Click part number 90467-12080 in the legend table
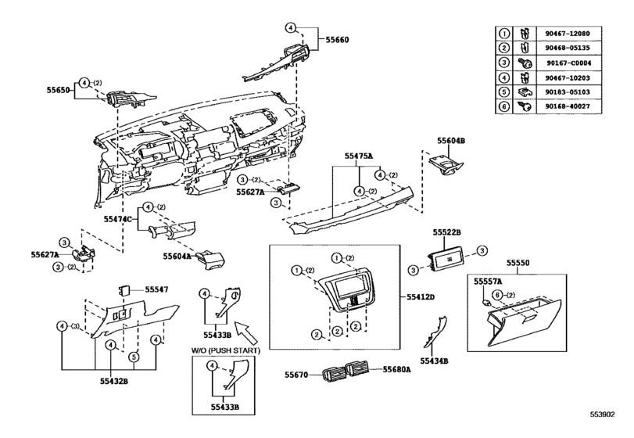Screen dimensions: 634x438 (568, 34)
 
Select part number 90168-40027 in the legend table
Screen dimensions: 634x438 (568, 106)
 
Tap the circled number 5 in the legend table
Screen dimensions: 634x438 (503, 92)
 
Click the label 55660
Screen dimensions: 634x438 (337, 40)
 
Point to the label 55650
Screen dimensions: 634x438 (58, 90)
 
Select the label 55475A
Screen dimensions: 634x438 (359, 156)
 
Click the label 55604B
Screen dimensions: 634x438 (451, 141)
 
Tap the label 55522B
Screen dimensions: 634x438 (447, 232)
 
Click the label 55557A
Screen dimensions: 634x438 (488, 282)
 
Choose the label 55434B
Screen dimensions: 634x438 (434, 361)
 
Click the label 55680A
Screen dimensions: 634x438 (396, 369)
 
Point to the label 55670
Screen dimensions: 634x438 (296, 375)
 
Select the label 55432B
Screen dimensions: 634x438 (114, 381)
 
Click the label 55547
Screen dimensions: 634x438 (156, 289)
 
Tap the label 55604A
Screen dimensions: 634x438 (177, 256)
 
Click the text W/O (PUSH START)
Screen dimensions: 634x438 (225, 350)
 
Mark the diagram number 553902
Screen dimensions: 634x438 (603, 415)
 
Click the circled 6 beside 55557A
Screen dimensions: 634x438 (498, 295)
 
